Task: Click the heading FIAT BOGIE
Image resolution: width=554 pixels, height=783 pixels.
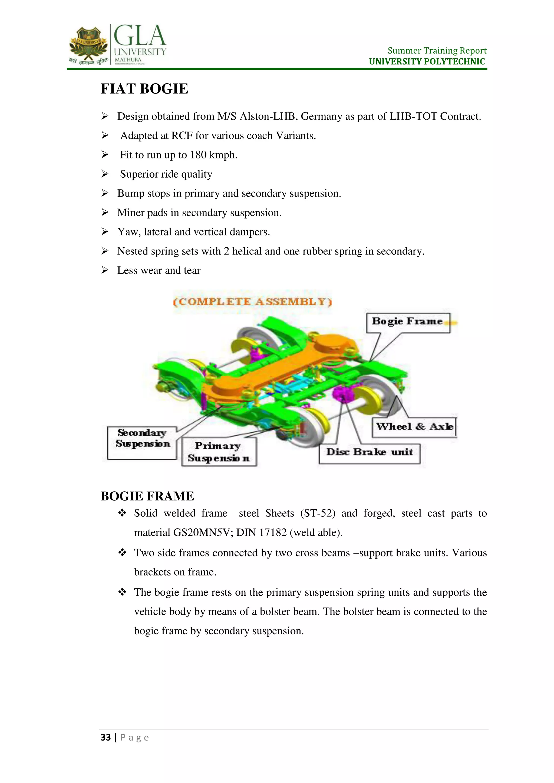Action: pyautogui.click(x=144, y=89)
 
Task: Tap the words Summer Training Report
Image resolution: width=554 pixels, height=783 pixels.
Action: pyautogui.click(x=437, y=51)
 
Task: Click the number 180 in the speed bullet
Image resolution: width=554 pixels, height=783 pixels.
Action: pyautogui.click(x=198, y=155)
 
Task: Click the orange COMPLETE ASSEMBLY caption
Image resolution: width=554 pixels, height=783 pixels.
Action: pyautogui.click(x=252, y=302)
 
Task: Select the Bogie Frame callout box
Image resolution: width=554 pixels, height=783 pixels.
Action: pyautogui.click(x=408, y=322)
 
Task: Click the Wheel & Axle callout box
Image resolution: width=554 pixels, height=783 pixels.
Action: pyautogui.click(x=414, y=427)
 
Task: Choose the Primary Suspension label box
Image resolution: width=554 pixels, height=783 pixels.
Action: pyautogui.click(x=219, y=452)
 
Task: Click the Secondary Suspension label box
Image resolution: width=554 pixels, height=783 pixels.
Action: pyautogui.click(x=142, y=442)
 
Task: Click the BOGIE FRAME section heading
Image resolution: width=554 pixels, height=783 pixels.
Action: pyautogui.click(x=147, y=496)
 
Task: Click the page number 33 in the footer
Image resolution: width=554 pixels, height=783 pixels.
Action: pyautogui.click(x=106, y=738)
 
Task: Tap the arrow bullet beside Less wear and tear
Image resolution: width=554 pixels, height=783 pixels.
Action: pyautogui.click(x=105, y=270)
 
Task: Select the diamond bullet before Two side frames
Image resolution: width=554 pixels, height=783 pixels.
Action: pyautogui.click(x=122, y=552)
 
